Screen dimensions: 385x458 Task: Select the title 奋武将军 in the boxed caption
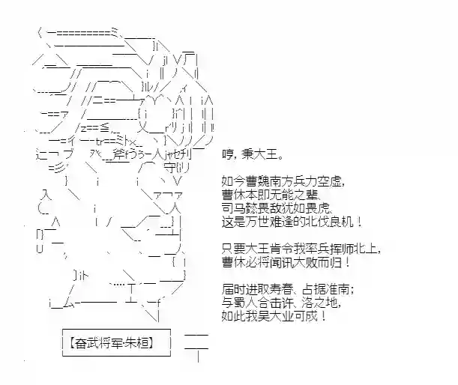pos(100,344)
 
